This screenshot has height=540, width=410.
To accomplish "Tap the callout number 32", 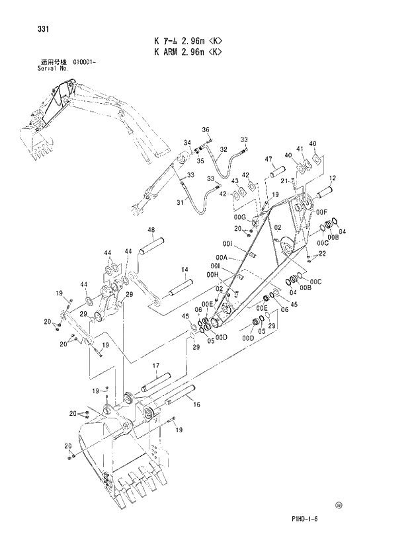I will (x=224, y=150).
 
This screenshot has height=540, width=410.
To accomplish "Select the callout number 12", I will (x=332, y=178).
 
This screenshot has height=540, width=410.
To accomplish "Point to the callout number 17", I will (x=157, y=366).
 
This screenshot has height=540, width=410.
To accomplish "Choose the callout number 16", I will (x=196, y=405).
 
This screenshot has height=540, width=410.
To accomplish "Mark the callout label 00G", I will (x=239, y=217).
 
